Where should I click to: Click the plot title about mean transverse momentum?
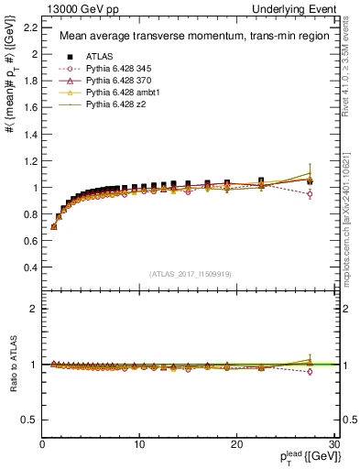pyautogui.click(x=183, y=37)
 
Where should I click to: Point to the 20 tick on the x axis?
pyautogui.click(x=236, y=444)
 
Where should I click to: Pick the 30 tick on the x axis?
pyautogui.click(x=333, y=444)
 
